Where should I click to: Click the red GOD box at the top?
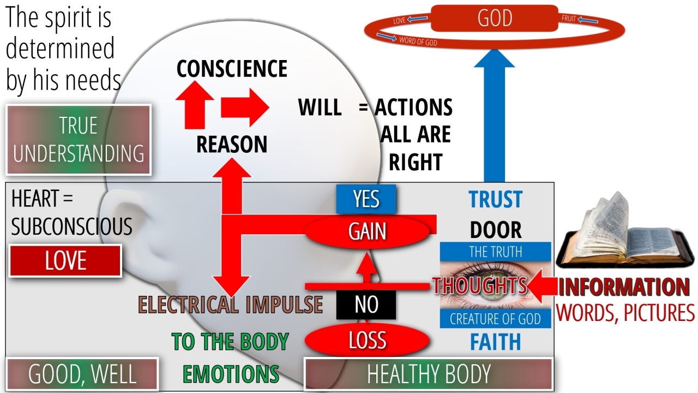click(x=495, y=19)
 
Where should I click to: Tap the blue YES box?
click(x=366, y=199)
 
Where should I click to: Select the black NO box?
click(x=366, y=305)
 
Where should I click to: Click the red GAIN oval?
click(x=368, y=231)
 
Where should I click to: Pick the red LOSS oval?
click(x=367, y=340)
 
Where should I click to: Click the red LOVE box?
click(x=65, y=261)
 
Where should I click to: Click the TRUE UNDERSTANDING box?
click(x=79, y=140)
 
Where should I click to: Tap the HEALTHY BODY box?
click(x=429, y=374)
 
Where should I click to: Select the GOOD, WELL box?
click(x=82, y=374)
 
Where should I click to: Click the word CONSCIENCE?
click(x=232, y=69)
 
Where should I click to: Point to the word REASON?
click(x=232, y=145)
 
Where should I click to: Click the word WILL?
click(x=320, y=108)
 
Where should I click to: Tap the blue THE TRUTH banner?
click(x=496, y=252)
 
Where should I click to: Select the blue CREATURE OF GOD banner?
click(x=496, y=319)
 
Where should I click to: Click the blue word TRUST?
click(x=496, y=200)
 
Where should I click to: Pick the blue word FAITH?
click(x=496, y=342)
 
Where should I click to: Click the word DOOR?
click(x=496, y=230)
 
